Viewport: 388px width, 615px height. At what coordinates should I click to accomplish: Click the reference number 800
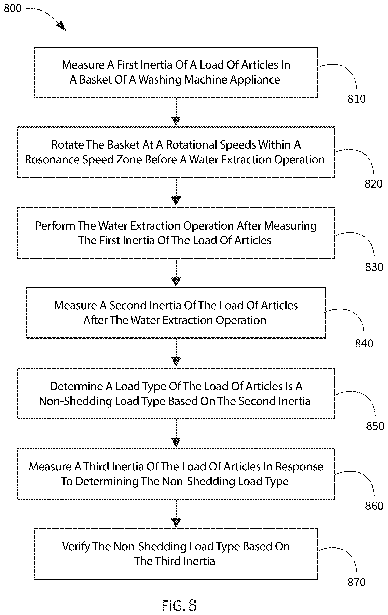pos(13,9)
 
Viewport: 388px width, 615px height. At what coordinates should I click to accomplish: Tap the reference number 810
pos(356,99)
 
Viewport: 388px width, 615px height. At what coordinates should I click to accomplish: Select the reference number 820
pos(373,184)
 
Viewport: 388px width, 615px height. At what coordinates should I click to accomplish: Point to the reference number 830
pos(374,267)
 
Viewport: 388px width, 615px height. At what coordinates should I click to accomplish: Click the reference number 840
pos(364,344)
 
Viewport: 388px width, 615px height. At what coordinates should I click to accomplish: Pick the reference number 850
pos(375,426)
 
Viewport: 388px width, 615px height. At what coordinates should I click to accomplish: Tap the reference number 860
pos(374,506)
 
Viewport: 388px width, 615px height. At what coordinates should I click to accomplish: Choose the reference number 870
pos(356,582)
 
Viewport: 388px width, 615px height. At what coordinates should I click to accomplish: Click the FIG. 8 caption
pos(179,605)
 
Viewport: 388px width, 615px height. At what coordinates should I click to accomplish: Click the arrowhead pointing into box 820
pos(176,121)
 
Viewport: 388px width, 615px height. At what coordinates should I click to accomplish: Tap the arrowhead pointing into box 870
pos(176,523)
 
